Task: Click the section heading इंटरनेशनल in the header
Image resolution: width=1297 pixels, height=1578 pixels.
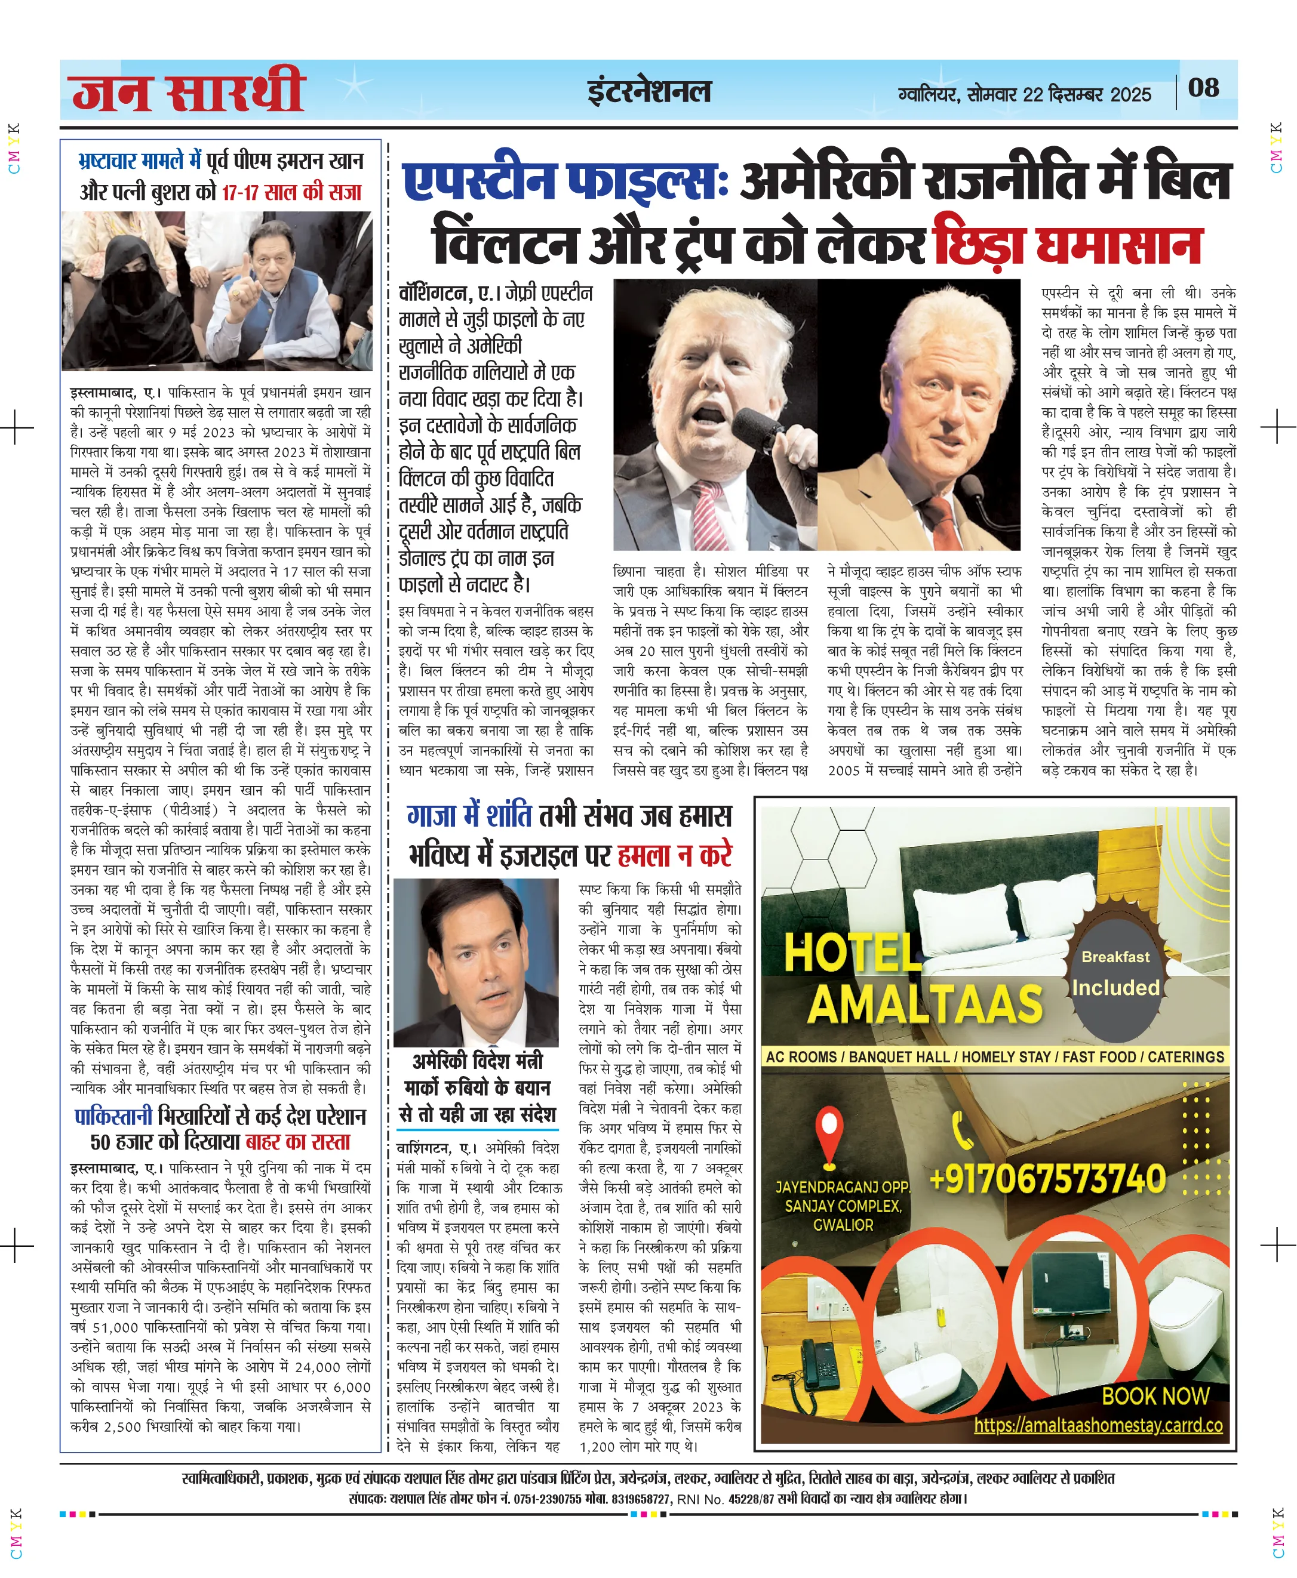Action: click(x=648, y=92)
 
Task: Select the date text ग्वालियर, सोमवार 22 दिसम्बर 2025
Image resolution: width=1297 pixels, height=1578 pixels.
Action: click(x=1024, y=95)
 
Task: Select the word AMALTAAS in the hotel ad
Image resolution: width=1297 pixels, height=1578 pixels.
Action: click(x=925, y=1004)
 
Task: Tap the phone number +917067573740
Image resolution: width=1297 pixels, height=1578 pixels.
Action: click(x=1047, y=1179)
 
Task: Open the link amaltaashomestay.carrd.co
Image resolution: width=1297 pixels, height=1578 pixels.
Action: click(x=1098, y=1424)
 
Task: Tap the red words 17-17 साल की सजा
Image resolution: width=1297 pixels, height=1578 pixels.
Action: click(x=291, y=193)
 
